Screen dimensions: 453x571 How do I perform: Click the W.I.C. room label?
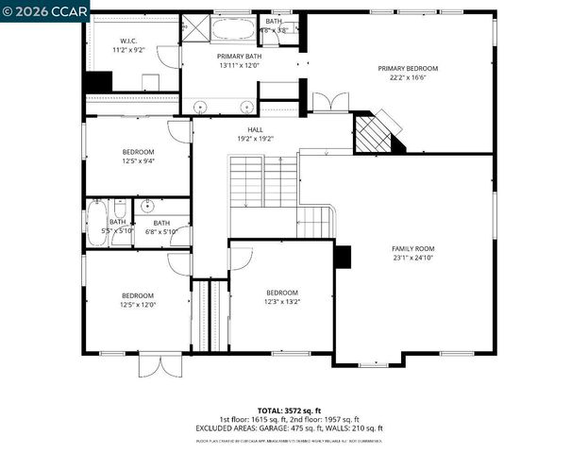tap(128, 42)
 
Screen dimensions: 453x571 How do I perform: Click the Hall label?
tap(255, 129)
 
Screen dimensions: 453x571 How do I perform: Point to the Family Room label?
tap(413, 248)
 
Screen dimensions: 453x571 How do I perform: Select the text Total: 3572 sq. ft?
tap(283, 411)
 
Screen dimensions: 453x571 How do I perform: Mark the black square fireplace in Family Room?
tap(343, 257)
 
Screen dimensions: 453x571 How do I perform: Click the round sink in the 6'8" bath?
tap(147, 206)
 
